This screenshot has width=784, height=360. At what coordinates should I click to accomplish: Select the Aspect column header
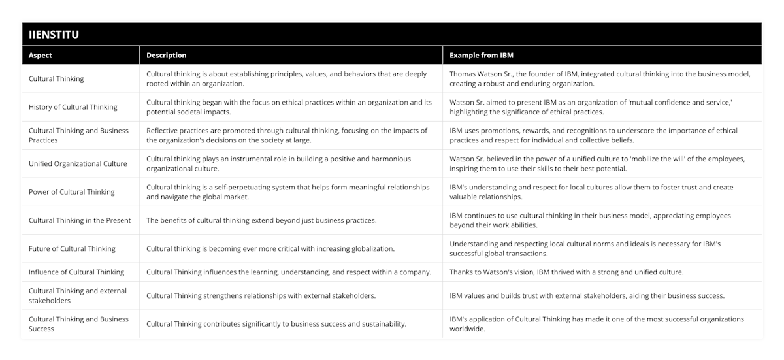(41, 56)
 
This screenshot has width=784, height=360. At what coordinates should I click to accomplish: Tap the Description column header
(166, 56)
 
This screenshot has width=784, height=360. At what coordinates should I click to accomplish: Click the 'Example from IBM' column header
(482, 56)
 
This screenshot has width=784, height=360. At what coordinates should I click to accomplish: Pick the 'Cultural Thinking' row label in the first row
(56, 78)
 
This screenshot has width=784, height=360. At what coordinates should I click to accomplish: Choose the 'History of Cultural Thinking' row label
(73, 107)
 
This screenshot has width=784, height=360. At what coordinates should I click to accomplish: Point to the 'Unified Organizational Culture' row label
(78, 163)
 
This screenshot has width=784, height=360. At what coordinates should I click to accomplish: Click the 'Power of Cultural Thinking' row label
(72, 192)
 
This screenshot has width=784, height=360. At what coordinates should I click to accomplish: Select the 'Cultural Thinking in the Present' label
(80, 220)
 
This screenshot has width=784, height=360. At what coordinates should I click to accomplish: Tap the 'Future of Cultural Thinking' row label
(72, 248)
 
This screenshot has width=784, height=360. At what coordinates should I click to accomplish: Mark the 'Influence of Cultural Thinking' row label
(76, 272)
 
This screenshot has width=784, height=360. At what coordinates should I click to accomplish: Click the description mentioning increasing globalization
(270, 248)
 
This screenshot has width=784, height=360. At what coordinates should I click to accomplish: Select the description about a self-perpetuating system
(287, 191)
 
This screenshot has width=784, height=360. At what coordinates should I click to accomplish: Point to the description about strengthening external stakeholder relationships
(261, 295)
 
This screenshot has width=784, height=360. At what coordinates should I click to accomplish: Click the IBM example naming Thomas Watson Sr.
(600, 78)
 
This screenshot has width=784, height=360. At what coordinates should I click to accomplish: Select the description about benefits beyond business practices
(261, 220)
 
